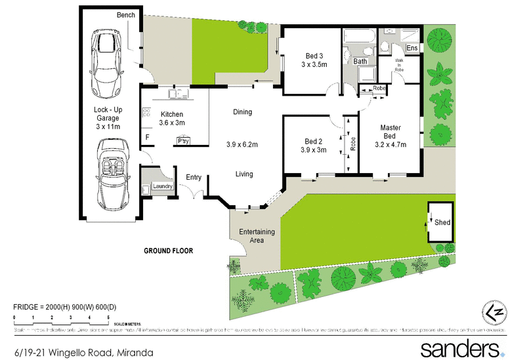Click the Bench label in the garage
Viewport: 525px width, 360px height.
coord(126,14)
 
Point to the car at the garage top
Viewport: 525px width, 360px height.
coord(106,61)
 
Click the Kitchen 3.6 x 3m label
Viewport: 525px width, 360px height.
coord(173,118)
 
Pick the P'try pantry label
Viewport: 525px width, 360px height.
coord(182,140)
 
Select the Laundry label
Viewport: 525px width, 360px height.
coord(162,187)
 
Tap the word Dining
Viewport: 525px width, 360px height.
coord(242,112)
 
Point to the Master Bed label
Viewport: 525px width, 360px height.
coord(391,136)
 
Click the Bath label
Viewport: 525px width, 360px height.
coord(360,61)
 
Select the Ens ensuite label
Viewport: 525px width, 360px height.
coord(412,49)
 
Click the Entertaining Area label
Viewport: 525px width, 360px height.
coord(257,236)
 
